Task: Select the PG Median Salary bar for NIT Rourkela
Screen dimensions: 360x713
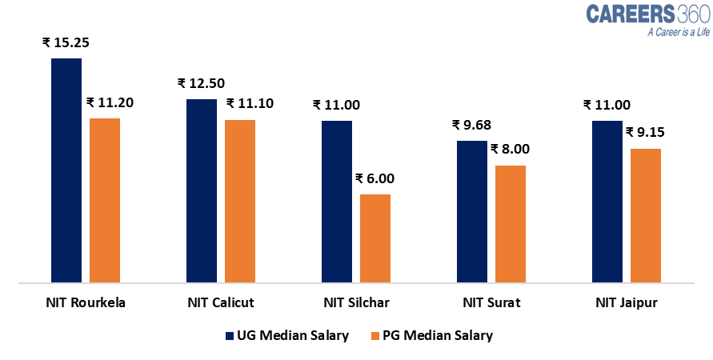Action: (x=105, y=200)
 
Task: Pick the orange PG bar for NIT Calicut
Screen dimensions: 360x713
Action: (x=240, y=201)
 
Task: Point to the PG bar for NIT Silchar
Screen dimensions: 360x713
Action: (x=375, y=238)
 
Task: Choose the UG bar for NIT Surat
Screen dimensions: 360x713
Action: (x=472, y=211)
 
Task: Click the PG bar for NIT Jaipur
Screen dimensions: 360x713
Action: (x=646, y=215)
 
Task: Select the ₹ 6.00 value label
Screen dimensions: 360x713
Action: (x=375, y=178)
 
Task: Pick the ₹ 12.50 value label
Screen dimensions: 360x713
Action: (x=202, y=83)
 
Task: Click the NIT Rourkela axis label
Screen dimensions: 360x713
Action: (x=86, y=303)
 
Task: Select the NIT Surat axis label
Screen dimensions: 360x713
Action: (x=491, y=303)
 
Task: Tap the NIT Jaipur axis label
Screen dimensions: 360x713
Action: (x=627, y=303)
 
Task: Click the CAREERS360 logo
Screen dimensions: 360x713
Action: (x=643, y=14)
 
